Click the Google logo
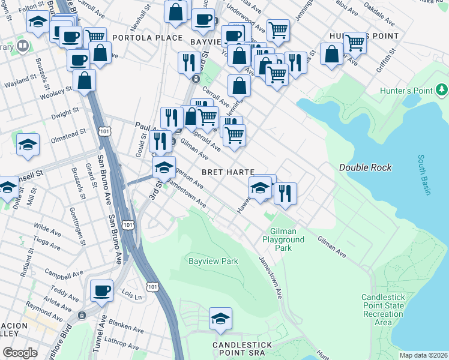click(20, 353)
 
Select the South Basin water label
click(424, 175)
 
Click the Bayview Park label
click(214, 261)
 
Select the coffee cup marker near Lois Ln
click(101, 291)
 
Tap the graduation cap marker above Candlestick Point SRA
click(220, 319)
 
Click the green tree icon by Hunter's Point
click(442, 90)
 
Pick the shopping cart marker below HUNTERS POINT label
click(355, 43)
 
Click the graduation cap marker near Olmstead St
click(28, 145)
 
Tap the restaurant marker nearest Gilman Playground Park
click(285, 193)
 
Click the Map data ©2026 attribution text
click(423, 355)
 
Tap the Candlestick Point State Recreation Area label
click(384, 310)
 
